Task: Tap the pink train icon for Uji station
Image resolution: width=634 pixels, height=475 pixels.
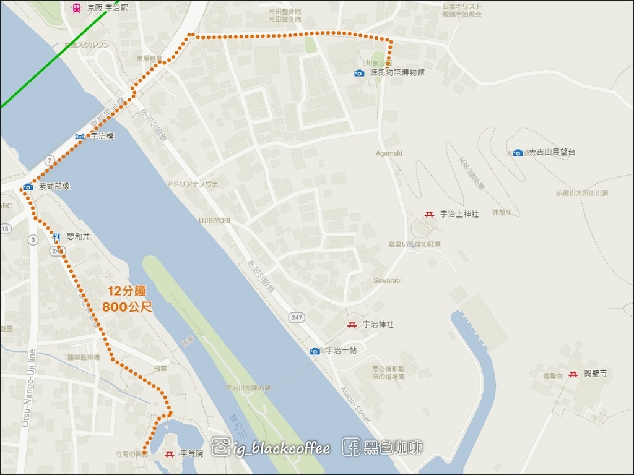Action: point(77,9)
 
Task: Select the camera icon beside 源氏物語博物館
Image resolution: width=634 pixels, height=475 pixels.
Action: point(359,73)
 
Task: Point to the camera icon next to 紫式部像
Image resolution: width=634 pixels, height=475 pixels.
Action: point(28,187)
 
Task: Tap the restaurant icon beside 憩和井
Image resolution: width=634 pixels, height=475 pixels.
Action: point(56,236)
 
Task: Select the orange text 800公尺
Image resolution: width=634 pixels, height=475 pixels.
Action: point(128,306)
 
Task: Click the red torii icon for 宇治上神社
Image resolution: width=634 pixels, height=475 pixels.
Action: point(429,214)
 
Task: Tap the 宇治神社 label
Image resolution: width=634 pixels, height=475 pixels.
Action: point(378,324)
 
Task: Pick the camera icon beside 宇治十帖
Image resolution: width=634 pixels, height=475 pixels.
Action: point(315,351)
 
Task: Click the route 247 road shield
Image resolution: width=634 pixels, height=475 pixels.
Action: point(296,317)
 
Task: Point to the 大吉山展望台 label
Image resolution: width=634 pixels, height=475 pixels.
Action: point(552,152)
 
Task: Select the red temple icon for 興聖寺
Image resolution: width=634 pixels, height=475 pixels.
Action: point(573,374)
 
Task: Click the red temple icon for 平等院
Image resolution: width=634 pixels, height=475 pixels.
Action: point(169,455)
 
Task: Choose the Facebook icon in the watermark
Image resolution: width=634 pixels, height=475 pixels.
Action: point(351,447)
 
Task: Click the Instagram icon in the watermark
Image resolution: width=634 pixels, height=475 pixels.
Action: point(220,447)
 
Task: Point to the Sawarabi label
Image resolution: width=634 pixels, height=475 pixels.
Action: point(388,280)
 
